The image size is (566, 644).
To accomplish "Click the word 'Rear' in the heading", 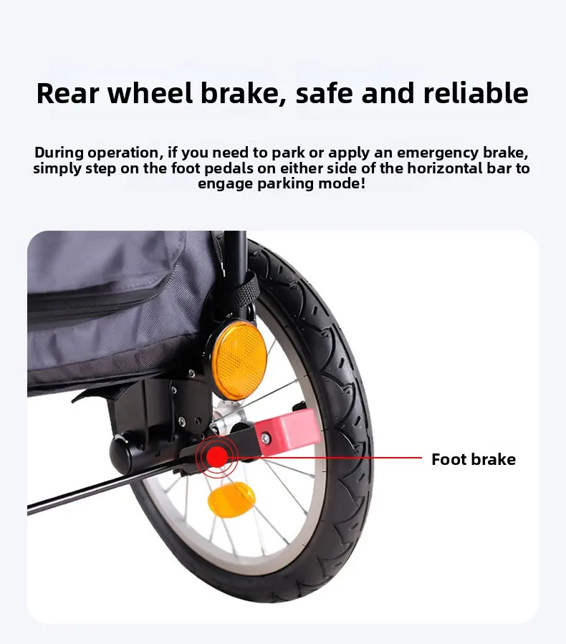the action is [68, 93].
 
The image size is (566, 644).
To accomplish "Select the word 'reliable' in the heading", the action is [476, 93].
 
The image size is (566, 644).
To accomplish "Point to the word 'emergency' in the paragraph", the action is [437, 153].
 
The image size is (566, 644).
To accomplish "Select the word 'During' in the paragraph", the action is [59, 153].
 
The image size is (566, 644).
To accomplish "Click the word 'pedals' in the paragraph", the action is [229, 168].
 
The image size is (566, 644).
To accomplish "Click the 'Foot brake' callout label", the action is [474, 459].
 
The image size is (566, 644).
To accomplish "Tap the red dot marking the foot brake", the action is [217, 457].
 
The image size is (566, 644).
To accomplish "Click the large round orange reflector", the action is [239, 360].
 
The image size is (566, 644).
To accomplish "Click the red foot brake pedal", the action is [287, 431].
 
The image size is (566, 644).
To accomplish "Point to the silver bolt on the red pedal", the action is [266, 439].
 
